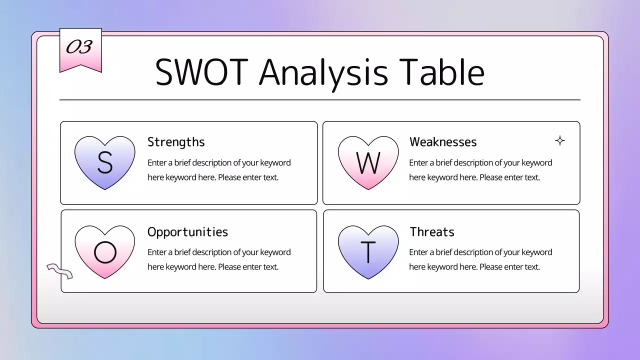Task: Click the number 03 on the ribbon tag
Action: click(79, 47)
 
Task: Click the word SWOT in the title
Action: click(201, 72)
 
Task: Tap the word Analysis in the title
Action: click(323, 72)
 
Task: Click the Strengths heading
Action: click(176, 142)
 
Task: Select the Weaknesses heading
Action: click(443, 142)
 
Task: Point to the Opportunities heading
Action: click(187, 232)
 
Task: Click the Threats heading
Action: click(432, 232)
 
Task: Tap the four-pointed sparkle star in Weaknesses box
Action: click(560, 140)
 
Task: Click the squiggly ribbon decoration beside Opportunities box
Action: click(59, 270)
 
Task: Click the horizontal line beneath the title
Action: click(320, 100)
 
